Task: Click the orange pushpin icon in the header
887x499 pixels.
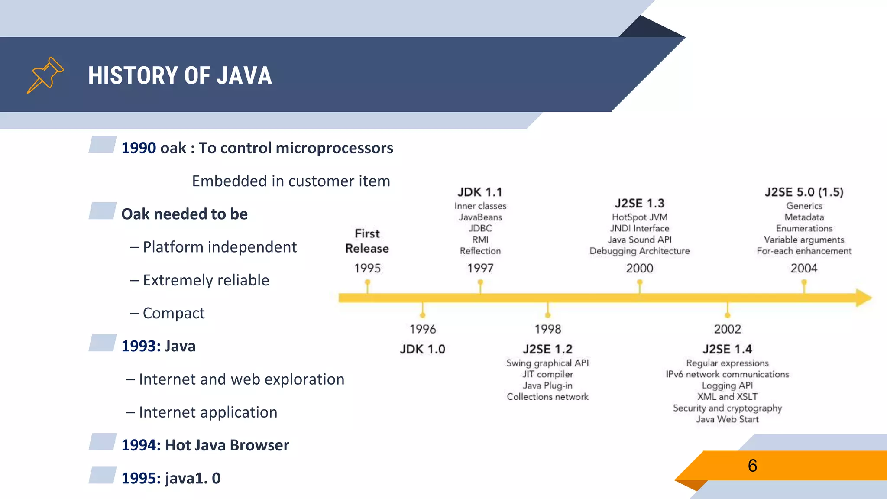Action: point(45,75)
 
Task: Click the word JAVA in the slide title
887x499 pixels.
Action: point(244,76)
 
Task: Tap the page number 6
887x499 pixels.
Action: point(752,466)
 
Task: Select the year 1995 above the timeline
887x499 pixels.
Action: point(367,268)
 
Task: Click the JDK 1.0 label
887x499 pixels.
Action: point(422,349)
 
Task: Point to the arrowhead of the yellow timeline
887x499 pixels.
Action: point(864,298)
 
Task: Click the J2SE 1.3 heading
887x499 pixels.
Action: point(639,203)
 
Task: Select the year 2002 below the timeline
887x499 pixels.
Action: point(727,329)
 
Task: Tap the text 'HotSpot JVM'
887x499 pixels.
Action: point(639,217)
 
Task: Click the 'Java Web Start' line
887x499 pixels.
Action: point(727,419)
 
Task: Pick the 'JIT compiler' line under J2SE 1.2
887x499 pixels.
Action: point(547,374)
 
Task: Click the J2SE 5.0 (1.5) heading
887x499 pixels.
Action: point(804,192)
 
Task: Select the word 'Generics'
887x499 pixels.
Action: point(804,206)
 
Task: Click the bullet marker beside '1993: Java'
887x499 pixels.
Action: point(102,343)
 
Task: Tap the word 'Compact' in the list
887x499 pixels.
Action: point(174,313)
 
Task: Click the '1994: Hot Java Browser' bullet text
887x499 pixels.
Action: point(205,445)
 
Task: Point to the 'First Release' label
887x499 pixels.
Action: point(367,241)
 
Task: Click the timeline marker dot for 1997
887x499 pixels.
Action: point(480,282)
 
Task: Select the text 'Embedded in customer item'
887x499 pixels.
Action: point(291,181)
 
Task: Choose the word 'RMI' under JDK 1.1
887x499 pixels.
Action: point(480,240)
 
